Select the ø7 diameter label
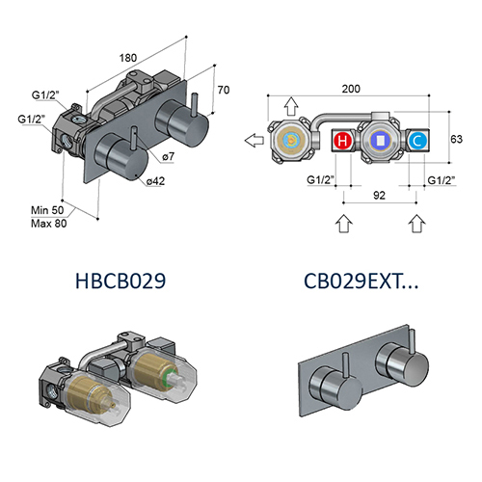[x=167, y=156]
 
